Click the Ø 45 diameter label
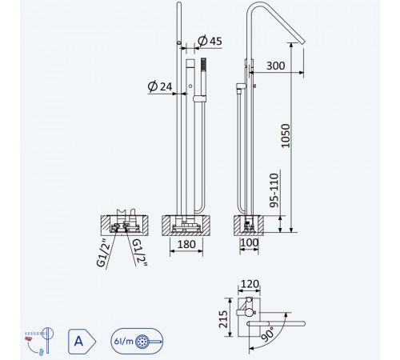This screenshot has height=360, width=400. pyautogui.click(x=210, y=41)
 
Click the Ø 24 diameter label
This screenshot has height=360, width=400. pyautogui.click(x=160, y=86)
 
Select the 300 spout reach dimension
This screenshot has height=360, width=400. pyautogui.click(x=275, y=66)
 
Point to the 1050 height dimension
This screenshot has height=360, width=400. pyautogui.click(x=286, y=135)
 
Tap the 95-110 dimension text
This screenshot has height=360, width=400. pyautogui.click(x=274, y=190)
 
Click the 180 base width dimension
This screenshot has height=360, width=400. pyautogui.click(x=186, y=244)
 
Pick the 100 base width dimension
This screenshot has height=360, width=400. pyautogui.click(x=250, y=242)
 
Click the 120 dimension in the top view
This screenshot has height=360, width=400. pyautogui.click(x=250, y=284)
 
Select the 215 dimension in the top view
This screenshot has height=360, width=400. pyautogui.click(x=223, y=319)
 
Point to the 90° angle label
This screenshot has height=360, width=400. pyautogui.click(x=268, y=334)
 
